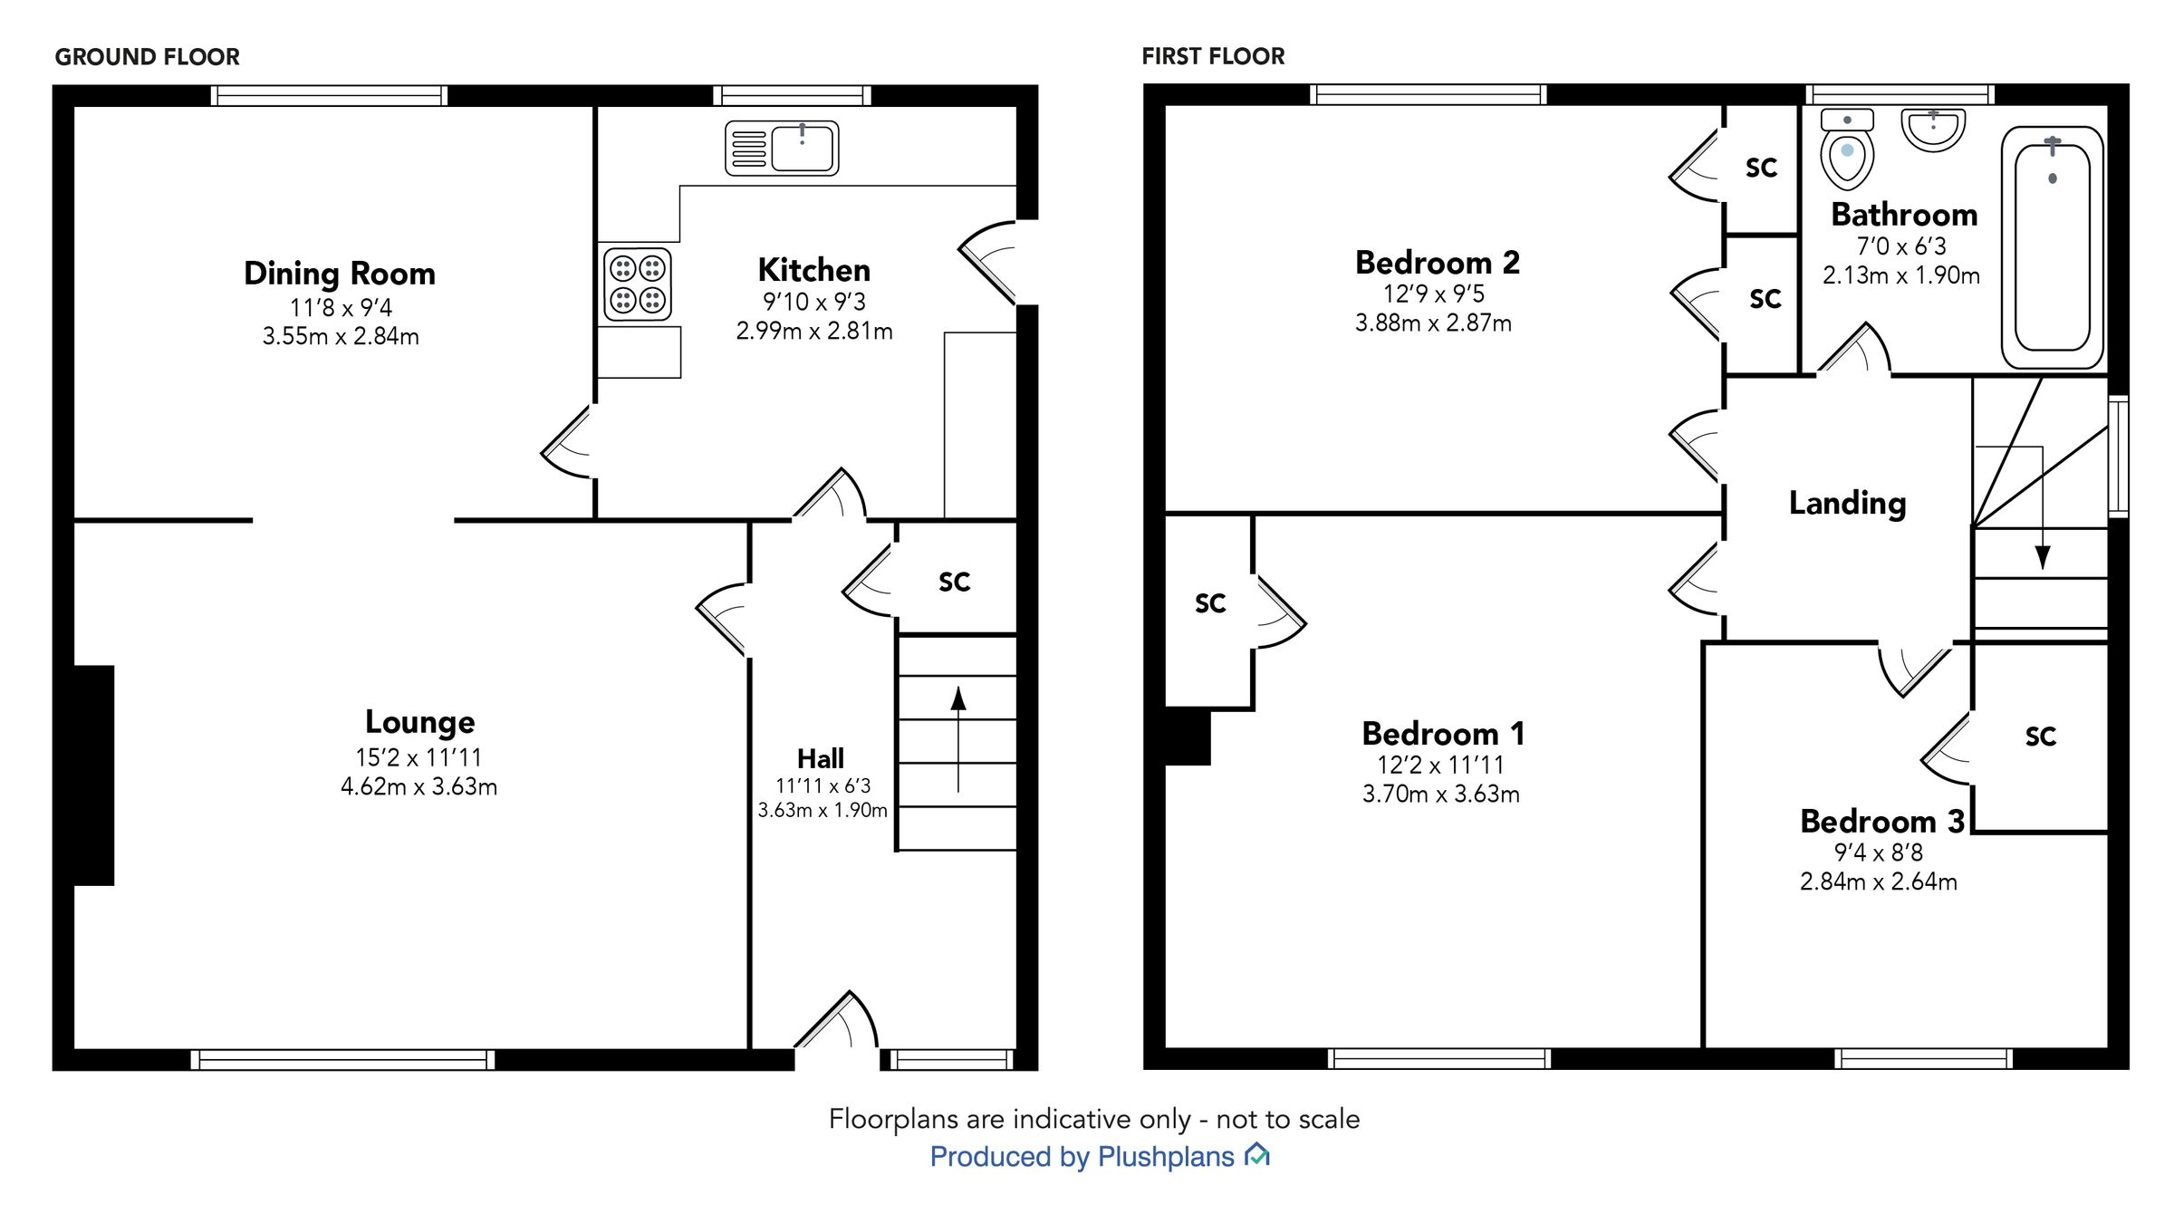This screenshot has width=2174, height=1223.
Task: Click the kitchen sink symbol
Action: [x=782, y=148]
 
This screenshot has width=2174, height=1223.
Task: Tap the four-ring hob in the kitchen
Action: [x=638, y=284]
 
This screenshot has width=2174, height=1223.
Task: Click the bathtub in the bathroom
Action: [x=2052, y=247]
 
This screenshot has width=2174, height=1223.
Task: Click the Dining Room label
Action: [x=340, y=274]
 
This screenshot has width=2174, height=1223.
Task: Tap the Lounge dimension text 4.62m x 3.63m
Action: [x=418, y=786]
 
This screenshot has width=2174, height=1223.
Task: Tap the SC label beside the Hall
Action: [x=954, y=582]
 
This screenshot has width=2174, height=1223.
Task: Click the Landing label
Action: [x=1847, y=503]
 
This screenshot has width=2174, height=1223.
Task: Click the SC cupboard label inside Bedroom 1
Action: [x=1210, y=603]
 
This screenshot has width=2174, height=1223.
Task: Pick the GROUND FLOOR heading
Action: [x=148, y=57]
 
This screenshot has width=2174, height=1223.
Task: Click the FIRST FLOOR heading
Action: [x=1213, y=57]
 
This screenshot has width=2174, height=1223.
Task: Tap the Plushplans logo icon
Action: [x=1257, y=1154]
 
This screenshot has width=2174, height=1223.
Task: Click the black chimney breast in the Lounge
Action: [x=93, y=775]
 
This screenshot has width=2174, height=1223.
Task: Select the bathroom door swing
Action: [x=1857, y=349]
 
